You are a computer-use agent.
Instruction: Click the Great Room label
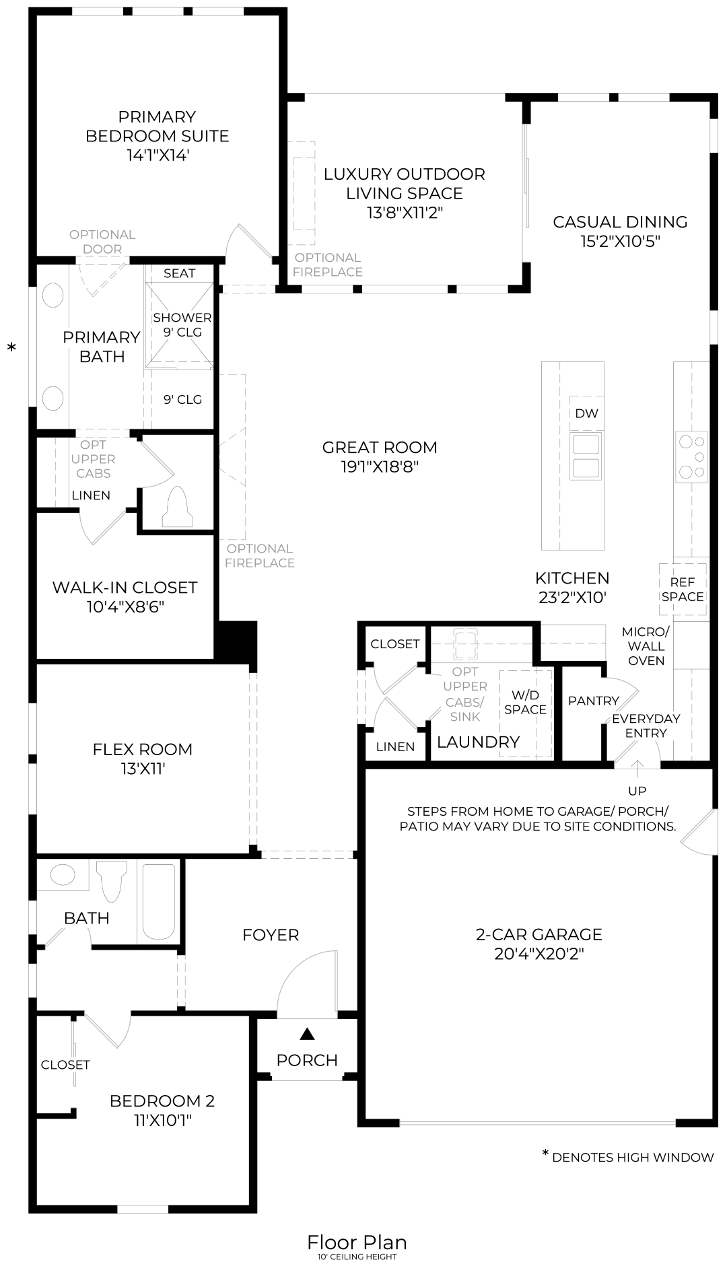click(x=380, y=448)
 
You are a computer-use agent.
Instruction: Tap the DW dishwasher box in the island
click(x=586, y=413)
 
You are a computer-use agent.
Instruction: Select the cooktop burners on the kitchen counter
click(x=692, y=457)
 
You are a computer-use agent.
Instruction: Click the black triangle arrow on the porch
click(x=307, y=1033)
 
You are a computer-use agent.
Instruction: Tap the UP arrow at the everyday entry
click(x=637, y=767)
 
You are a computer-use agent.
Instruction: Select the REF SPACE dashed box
click(x=683, y=590)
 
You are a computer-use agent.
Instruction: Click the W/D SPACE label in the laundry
click(x=525, y=702)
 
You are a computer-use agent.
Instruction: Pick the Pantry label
click(x=593, y=701)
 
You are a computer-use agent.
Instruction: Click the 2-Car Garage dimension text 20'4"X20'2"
click(x=539, y=954)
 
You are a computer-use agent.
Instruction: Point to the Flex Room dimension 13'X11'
click(x=143, y=769)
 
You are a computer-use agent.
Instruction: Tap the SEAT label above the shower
click(x=179, y=273)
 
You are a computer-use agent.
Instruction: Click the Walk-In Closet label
click(x=125, y=588)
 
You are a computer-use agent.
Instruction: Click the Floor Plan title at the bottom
click(x=357, y=1241)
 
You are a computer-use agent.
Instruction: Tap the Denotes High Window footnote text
click(x=632, y=1157)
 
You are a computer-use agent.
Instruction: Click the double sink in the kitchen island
click(x=586, y=456)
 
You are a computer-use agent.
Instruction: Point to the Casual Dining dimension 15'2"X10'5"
click(x=620, y=241)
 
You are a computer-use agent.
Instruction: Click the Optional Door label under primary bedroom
click(x=102, y=242)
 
